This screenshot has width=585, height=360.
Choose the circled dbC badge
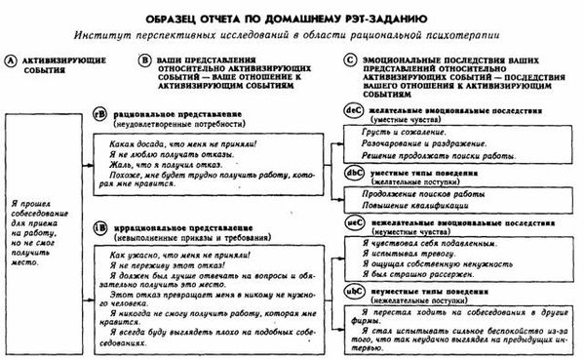click(355, 175)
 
